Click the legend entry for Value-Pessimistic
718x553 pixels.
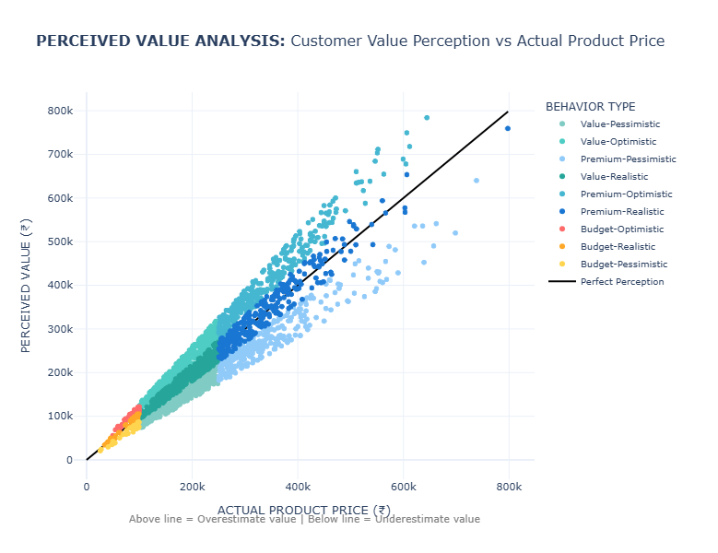click(x=619, y=124)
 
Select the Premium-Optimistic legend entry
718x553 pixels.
click(x=619, y=194)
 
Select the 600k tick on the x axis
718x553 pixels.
click(x=403, y=487)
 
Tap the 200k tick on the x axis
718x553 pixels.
click(x=192, y=487)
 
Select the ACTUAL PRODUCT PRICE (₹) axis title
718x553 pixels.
click(x=303, y=510)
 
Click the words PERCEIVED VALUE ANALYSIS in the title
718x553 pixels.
click(x=160, y=41)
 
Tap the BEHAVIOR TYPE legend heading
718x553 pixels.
click(x=590, y=106)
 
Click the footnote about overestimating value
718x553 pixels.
click(x=304, y=520)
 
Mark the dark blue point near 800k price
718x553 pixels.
click(x=508, y=128)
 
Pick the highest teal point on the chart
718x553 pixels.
click(x=427, y=117)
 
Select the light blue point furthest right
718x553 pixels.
click(x=477, y=181)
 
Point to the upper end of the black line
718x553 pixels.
click(x=509, y=112)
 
